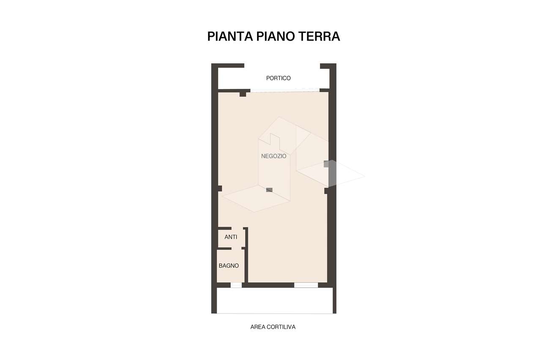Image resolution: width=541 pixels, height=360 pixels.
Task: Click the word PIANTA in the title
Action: point(230,36)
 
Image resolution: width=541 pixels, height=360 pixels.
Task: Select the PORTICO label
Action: point(278,78)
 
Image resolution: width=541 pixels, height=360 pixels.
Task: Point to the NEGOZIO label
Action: point(273,156)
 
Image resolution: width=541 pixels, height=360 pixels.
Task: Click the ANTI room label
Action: point(231,237)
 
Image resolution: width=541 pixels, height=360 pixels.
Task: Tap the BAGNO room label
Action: point(229,266)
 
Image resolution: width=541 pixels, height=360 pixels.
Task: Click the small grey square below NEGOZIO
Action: point(269,190)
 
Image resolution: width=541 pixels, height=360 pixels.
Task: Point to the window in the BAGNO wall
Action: point(236,285)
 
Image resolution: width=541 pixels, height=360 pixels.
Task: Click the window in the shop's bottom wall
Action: point(306,285)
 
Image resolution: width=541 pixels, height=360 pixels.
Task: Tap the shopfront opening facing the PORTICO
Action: point(285,90)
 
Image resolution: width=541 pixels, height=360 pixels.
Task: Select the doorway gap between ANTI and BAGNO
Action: point(236,248)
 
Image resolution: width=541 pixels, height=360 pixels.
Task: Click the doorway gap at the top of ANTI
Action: point(237,228)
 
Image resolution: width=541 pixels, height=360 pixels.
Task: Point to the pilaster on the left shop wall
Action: point(220,189)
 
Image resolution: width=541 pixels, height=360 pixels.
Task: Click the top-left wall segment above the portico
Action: point(228,66)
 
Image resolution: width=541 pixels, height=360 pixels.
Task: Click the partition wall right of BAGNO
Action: point(246,266)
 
